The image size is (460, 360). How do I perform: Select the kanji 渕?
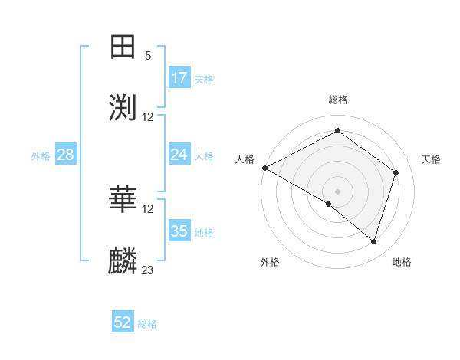[123, 107]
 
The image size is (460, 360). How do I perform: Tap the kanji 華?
[123, 200]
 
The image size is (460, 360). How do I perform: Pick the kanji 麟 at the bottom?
[123, 261]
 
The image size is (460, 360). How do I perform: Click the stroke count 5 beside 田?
[148, 55]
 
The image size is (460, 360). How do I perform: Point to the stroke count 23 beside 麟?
[148, 270]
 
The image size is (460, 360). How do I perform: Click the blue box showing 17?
[179, 78]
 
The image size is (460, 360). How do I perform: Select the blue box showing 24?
[179, 155]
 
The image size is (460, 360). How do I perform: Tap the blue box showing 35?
[179, 231]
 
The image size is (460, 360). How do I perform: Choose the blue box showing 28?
[66, 155]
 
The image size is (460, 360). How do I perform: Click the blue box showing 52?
[123, 322]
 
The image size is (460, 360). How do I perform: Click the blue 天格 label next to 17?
[204, 79]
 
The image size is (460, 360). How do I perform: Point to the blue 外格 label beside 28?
[41, 155]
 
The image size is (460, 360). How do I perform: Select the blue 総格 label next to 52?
[147, 324]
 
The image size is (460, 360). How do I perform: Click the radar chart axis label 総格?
[338, 100]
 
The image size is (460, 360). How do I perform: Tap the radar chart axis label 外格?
[270, 262]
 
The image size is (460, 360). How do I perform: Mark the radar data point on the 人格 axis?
[264, 168]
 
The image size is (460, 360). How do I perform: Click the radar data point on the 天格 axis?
[396, 172]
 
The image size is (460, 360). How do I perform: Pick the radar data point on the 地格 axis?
[373, 241]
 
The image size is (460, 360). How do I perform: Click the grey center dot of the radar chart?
[338, 191]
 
